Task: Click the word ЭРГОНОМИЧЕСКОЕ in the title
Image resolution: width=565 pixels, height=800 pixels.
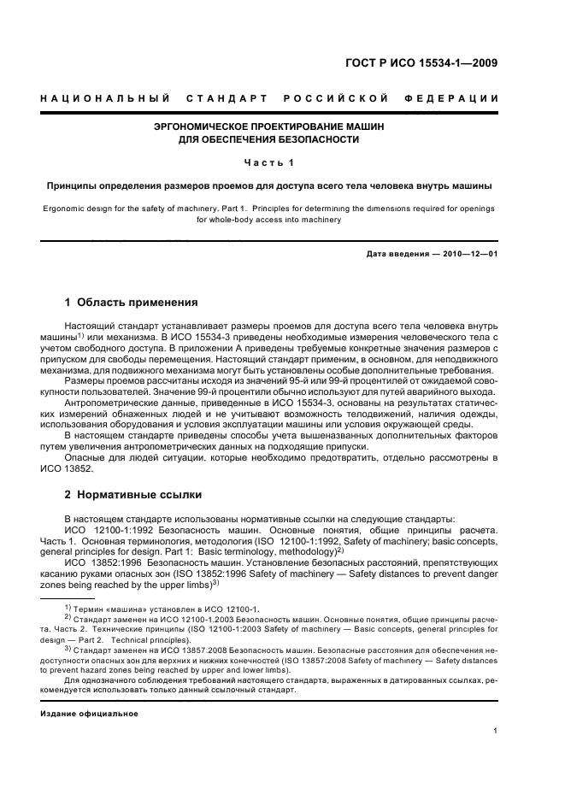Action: point(208,126)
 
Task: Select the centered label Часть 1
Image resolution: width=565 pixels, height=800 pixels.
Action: point(268,162)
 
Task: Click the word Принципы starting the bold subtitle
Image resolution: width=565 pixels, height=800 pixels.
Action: point(73,185)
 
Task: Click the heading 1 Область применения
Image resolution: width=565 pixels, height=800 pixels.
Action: point(132,302)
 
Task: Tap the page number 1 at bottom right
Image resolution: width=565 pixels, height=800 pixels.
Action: point(496,730)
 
